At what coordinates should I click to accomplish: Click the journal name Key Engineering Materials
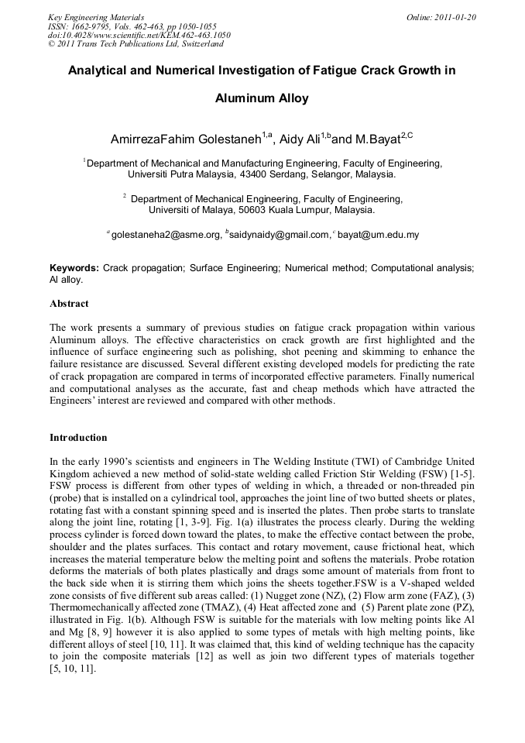96,17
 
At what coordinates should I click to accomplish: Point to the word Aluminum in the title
241,98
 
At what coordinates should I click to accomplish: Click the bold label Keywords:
74,267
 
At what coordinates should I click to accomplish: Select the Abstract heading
69,304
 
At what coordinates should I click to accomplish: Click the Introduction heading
78,438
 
